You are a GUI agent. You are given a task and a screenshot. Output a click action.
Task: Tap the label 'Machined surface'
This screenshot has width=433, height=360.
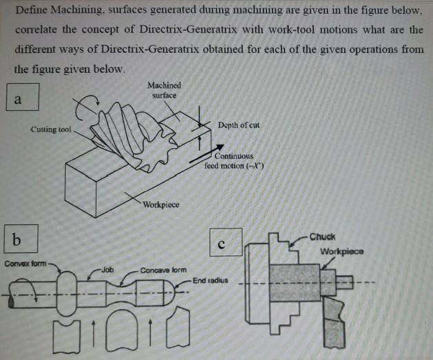click(164, 89)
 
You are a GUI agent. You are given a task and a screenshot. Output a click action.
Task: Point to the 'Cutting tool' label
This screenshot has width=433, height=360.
click(51, 129)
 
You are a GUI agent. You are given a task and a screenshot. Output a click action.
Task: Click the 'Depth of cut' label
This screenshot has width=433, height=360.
click(237, 125)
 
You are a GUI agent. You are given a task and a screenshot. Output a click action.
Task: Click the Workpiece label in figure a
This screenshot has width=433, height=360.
click(162, 205)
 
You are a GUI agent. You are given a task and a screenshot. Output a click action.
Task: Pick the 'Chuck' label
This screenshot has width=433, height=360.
click(322, 236)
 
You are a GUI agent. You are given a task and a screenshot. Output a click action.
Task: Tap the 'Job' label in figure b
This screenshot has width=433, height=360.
click(108, 270)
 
